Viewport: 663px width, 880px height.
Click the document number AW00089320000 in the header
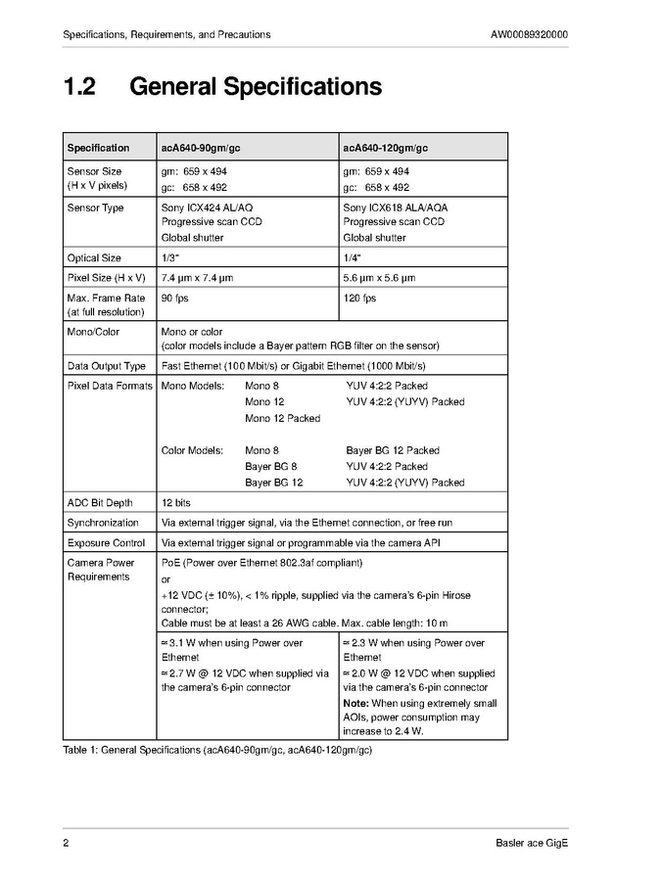point(529,35)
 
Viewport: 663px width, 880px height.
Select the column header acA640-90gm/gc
point(201,148)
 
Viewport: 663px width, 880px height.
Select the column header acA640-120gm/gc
point(385,148)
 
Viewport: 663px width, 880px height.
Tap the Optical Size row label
point(94,258)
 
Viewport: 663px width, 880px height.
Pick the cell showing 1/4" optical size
point(352,258)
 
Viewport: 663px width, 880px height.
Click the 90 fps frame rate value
point(174,298)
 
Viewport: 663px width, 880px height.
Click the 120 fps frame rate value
point(358,298)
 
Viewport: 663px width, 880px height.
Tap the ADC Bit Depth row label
point(99,503)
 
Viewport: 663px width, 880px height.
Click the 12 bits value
point(176,503)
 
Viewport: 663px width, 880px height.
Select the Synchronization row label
point(102,523)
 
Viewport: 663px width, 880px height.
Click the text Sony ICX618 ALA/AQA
point(395,208)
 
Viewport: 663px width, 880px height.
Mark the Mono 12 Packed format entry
point(282,418)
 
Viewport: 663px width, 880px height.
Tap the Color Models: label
point(192,450)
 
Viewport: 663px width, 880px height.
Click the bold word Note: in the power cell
point(355,704)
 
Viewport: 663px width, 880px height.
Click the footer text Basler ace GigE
point(532,844)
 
